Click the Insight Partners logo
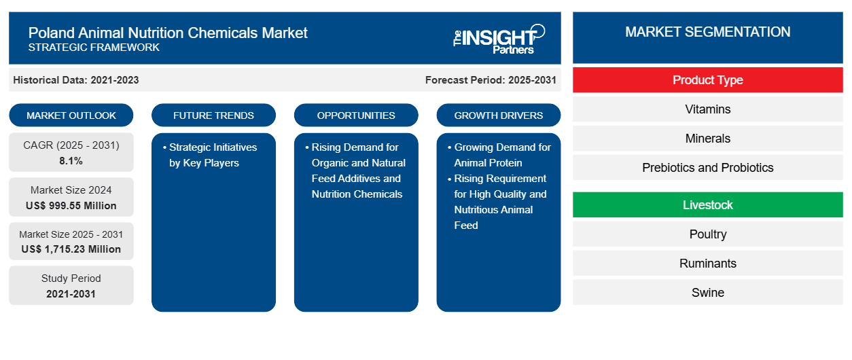coord(499,38)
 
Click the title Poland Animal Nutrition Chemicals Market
coord(168,33)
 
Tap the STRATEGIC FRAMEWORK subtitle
coord(94,48)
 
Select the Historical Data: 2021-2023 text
coord(76,80)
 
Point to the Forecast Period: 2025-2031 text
coord(491,80)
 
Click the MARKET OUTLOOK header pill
coord(71,115)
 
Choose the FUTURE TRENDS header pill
coord(213,115)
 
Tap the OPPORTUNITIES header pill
coord(356,115)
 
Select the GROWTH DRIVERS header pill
coord(499,115)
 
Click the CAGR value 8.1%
coord(71,161)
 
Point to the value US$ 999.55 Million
coord(71,206)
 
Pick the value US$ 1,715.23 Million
coord(71,249)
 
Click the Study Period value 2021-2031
coord(71,294)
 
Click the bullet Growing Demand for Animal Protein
coord(502,155)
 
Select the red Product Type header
coord(707,80)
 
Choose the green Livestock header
coord(707,205)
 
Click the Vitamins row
coord(707,109)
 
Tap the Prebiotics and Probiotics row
coord(707,168)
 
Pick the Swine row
coord(707,293)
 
